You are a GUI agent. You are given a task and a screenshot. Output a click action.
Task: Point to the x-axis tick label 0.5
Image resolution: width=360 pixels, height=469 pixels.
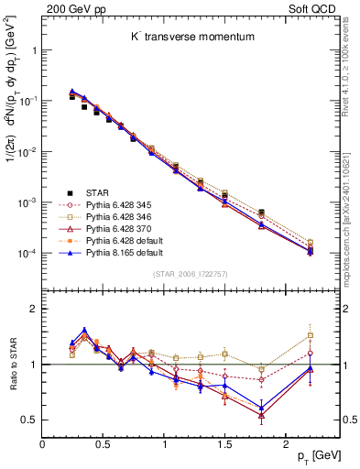(103, 443)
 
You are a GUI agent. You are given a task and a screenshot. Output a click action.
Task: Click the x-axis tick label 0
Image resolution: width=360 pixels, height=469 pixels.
(42, 443)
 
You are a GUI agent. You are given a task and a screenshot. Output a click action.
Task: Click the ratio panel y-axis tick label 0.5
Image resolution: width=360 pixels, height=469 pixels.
(29, 420)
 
